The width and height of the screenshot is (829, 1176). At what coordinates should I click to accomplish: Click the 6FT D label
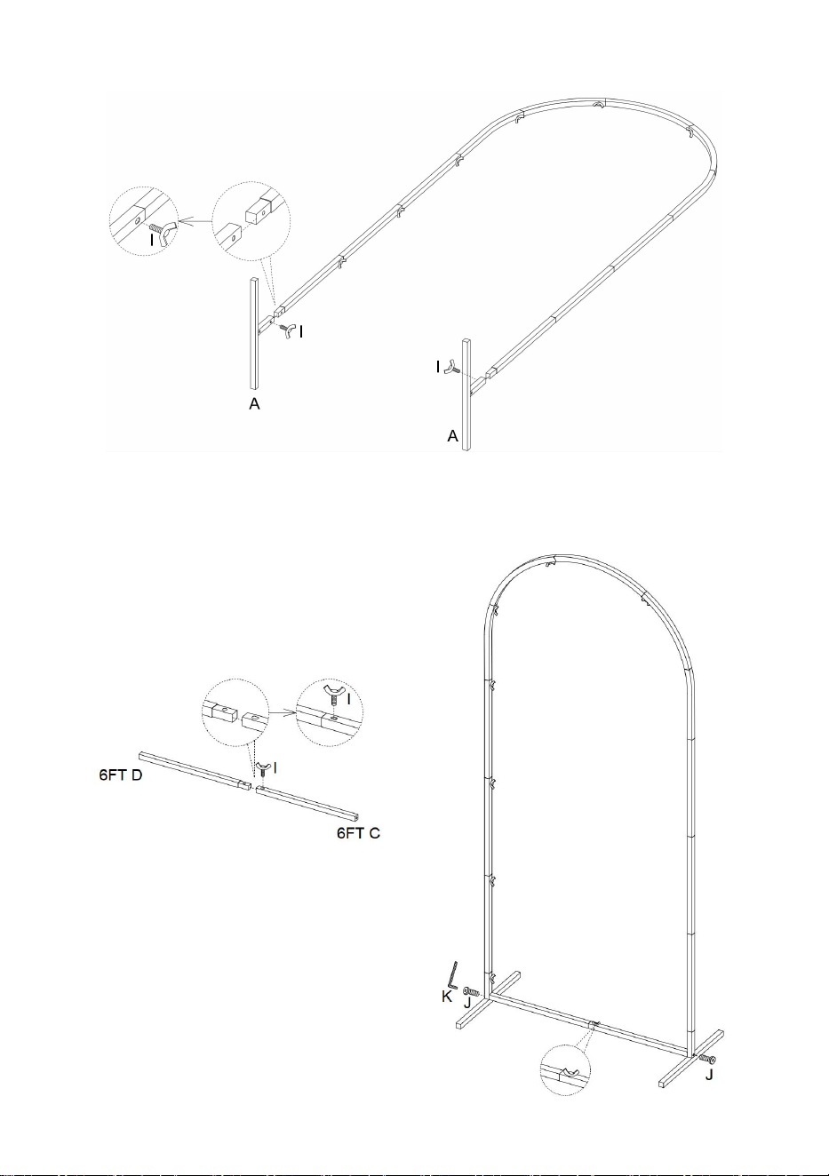coord(121,775)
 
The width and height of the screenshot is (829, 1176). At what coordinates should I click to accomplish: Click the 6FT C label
coord(358,832)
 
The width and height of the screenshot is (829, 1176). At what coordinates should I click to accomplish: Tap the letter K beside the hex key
coord(447,996)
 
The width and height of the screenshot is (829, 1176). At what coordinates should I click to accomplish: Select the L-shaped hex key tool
coord(452,974)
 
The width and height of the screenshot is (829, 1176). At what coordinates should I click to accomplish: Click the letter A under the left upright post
coord(254,404)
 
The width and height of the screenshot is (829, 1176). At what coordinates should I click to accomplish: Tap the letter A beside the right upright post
coord(452,436)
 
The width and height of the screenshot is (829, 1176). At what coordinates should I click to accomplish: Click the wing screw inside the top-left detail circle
coord(163,232)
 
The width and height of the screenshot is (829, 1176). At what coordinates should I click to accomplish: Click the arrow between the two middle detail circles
coord(283,712)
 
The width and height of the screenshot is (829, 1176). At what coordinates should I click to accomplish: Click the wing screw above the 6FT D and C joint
coord(263,770)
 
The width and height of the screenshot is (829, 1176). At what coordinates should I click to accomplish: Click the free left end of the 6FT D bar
coord(141,756)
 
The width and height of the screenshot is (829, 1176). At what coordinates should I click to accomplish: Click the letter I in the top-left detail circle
coord(152,241)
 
